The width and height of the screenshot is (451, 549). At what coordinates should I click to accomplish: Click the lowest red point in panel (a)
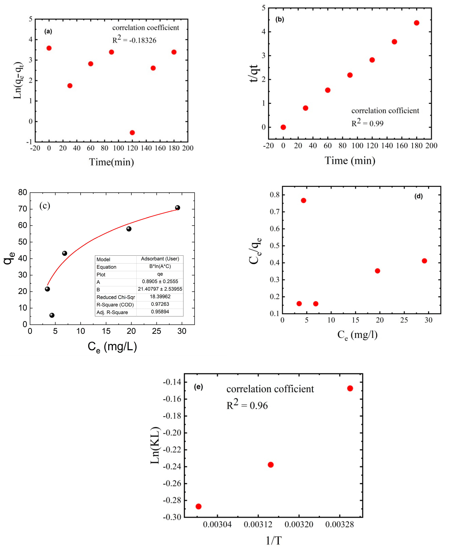132,133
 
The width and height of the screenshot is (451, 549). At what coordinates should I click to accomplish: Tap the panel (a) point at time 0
49,48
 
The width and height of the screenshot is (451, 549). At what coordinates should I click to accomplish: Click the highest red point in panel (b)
416,23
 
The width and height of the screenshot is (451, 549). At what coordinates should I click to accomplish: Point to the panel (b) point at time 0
283,127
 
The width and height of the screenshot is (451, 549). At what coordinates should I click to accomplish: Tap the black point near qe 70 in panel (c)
178,208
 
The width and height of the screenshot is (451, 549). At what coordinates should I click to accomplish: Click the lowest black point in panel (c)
52,315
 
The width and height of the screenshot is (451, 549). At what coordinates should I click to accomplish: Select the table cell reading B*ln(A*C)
160,266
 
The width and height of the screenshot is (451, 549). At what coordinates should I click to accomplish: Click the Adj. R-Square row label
112,312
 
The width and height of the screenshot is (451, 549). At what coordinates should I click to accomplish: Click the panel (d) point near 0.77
303,200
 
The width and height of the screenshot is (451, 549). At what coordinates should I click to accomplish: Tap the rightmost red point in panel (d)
424,261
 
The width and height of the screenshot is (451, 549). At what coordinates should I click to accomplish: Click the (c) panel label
45,206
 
